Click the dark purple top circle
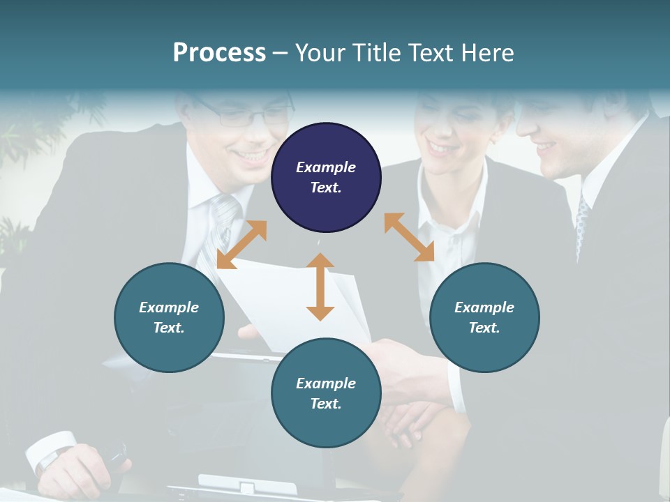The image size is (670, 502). (x=326, y=178)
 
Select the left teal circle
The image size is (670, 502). (x=169, y=317)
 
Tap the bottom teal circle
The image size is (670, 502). (x=326, y=393)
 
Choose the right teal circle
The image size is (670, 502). (x=484, y=317)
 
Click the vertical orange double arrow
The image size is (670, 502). (x=320, y=287)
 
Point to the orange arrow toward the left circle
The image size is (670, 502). (x=241, y=244)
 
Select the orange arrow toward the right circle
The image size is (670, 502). (x=410, y=237)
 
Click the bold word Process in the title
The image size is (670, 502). (x=219, y=52)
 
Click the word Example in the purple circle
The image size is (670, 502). (x=326, y=167)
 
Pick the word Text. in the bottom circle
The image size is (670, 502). (x=326, y=404)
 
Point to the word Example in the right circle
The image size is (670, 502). (x=484, y=307)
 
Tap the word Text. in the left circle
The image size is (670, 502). (x=169, y=328)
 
